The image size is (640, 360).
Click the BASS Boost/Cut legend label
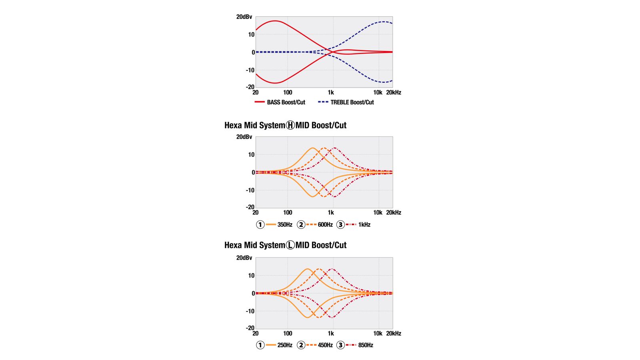[286, 102]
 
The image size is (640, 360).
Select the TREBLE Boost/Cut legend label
[352, 102]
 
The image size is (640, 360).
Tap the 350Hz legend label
[285, 225]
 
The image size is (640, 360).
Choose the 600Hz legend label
[325, 225]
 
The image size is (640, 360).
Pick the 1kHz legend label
[364, 225]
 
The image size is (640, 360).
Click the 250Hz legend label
[285, 345]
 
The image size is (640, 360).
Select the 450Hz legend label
[325, 345]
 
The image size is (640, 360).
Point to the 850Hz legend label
[366, 345]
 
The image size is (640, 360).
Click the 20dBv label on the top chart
[244, 17]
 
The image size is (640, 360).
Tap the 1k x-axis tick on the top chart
[331, 92]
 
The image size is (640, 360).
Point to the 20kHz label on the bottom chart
[394, 334]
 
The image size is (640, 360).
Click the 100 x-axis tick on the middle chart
[288, 213]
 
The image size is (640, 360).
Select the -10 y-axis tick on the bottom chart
[250, 311]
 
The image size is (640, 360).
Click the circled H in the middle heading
[290, 125]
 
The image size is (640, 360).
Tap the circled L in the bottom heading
[290, 245]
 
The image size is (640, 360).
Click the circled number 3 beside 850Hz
[340, 345]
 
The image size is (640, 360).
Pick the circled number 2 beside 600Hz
[301, 225]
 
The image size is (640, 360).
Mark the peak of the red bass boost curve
[275, 21]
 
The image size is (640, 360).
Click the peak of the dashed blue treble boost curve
[384, 22]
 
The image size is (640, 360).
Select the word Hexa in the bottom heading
[233, 245]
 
